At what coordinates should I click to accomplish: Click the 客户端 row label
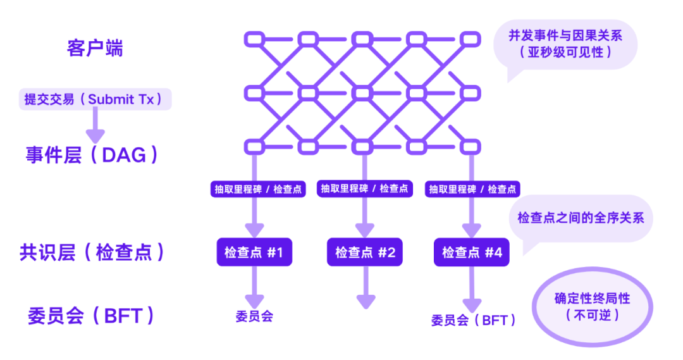[95, 49]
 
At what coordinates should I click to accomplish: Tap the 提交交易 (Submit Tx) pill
[95, 99]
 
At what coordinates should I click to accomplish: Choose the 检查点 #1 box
[254, 252]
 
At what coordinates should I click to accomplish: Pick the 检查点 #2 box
[365, 252]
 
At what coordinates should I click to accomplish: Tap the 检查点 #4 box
[472, 252]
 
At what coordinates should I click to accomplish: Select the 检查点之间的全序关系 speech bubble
[580, 218]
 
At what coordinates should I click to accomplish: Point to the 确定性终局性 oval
[592, 306]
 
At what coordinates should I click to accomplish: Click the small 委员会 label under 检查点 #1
[254, 316]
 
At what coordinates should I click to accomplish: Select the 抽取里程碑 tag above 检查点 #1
[256, 189]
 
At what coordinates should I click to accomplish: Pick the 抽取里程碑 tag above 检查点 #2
[365, 188]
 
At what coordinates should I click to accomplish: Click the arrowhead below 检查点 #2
[365, 302]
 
